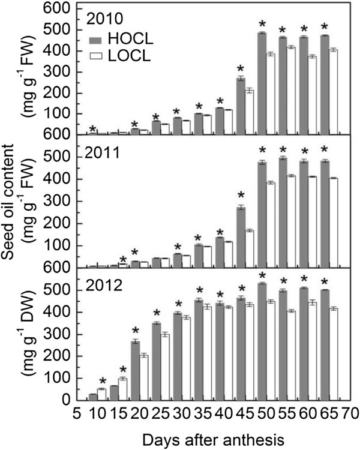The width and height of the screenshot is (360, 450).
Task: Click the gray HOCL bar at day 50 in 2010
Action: point(262,83)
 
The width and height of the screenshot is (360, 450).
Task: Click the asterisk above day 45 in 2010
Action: point(241,68)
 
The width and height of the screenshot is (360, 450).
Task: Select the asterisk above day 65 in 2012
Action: point(325,283)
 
